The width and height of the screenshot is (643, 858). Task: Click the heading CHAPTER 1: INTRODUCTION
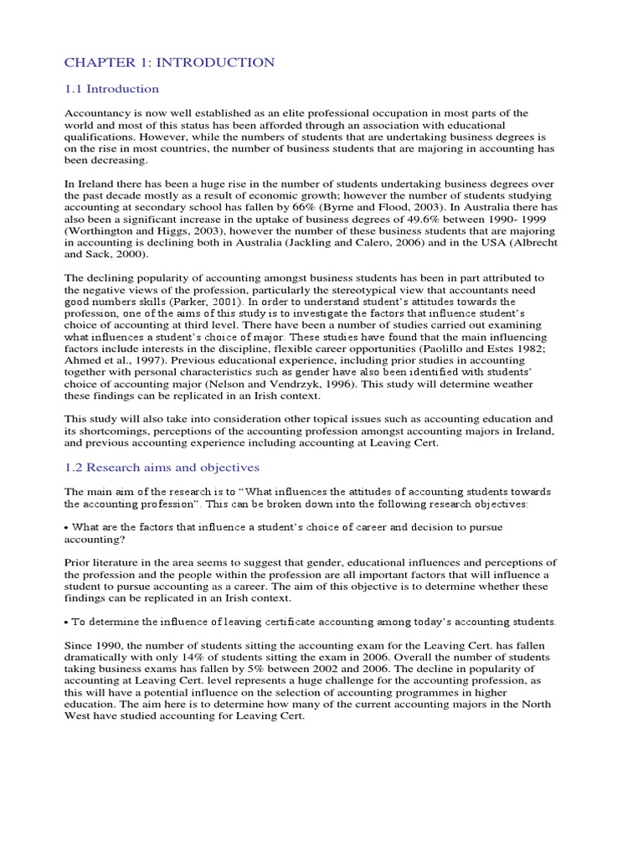tap(169, 62)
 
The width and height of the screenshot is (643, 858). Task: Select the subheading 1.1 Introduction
tap(111, 89)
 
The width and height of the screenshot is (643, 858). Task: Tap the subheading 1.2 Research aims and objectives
tap(162, 467)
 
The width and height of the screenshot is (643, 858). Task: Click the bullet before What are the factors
tap(67, 526)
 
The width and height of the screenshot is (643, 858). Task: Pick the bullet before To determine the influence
tap(67, 622)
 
